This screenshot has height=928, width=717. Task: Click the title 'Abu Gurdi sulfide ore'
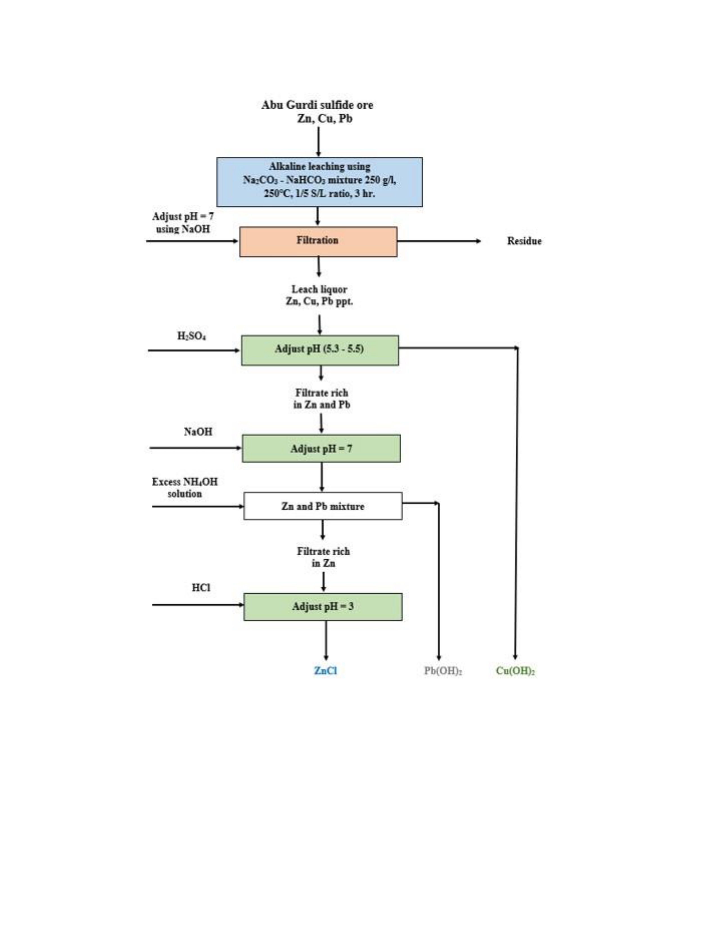(x=317, y=105)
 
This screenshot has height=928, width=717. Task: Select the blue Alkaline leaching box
(x=319, y=182)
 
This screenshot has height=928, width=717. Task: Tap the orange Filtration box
(x=318, y=241)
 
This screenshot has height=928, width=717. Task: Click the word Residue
(x=524, y=241)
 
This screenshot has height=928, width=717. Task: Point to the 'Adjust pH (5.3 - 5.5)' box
(x=320, y=350)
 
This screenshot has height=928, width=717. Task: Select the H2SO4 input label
(x=191, y=336)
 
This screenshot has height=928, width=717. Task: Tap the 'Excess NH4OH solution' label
(x=185, y=487)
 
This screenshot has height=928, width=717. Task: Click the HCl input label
(x=201, y=588)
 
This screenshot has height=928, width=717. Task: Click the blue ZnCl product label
(x=325, y=670)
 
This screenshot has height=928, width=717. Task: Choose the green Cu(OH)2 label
(x=515, y=671)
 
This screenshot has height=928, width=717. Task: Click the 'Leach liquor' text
(x=319, y=289)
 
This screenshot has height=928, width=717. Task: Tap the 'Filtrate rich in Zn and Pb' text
(x=322, y=398)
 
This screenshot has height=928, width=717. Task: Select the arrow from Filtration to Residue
(x=439, y=241)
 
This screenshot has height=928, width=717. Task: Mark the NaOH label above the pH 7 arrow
(x=198, y=432)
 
